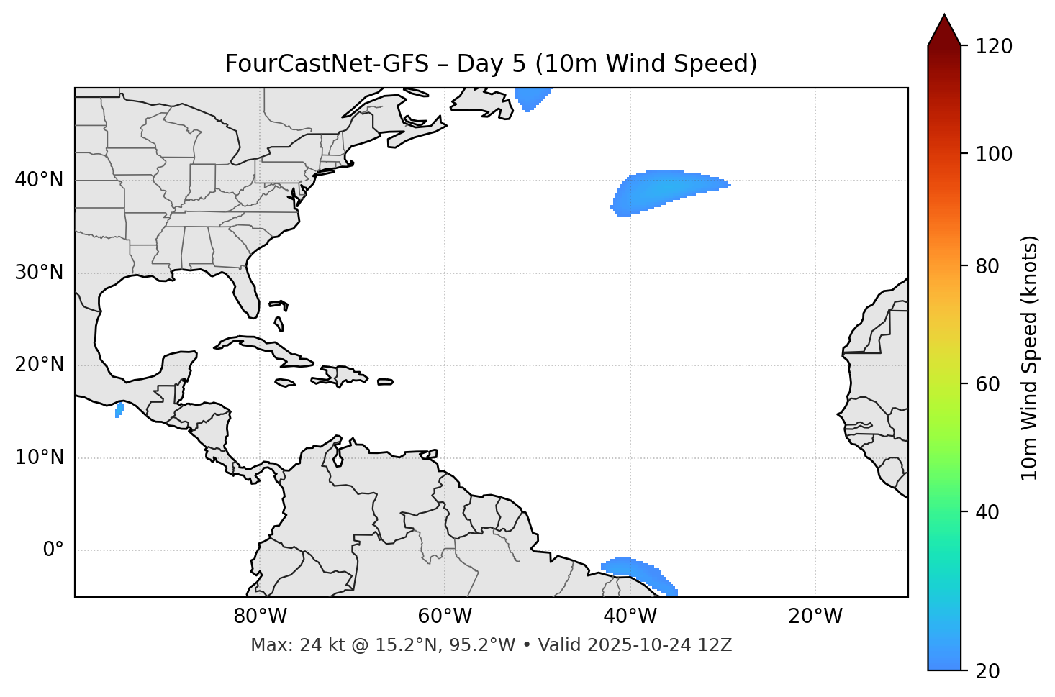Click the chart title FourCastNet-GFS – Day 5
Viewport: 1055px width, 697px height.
491,64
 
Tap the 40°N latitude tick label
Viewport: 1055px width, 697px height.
39,180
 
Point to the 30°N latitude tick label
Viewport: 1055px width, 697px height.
39,273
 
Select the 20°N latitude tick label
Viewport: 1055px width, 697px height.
39,365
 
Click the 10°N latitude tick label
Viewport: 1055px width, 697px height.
39,457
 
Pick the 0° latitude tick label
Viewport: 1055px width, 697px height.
53,550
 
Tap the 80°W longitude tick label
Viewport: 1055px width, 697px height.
260,616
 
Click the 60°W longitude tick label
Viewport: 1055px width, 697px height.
445,616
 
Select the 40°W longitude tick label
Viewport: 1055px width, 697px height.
630,616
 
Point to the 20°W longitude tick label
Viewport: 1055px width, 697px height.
815,616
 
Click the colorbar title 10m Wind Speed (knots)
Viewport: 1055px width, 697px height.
1030,357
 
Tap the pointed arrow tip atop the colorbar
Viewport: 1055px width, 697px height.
944,17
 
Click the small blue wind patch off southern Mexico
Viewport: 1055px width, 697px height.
119,410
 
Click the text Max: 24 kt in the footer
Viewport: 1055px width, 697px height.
282,645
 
